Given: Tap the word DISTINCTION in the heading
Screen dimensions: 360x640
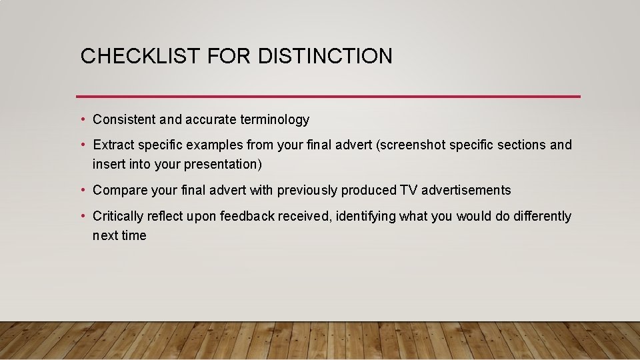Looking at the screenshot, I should coord(325,56).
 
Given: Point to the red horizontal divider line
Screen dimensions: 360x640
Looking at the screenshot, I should coord(328,97).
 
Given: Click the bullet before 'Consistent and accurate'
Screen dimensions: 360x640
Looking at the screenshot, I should coord(82,120).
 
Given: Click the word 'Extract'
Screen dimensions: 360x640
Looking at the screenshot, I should coord(113,145).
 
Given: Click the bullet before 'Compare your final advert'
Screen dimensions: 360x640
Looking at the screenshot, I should coord(82,191).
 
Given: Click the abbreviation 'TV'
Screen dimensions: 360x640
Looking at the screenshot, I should coord(408,191).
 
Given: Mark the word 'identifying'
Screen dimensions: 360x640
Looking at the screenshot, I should coord(366,216).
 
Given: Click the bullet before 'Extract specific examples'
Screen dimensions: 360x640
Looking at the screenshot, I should coord(82,145).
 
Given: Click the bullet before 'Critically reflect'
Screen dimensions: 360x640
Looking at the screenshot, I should coord(82,216).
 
